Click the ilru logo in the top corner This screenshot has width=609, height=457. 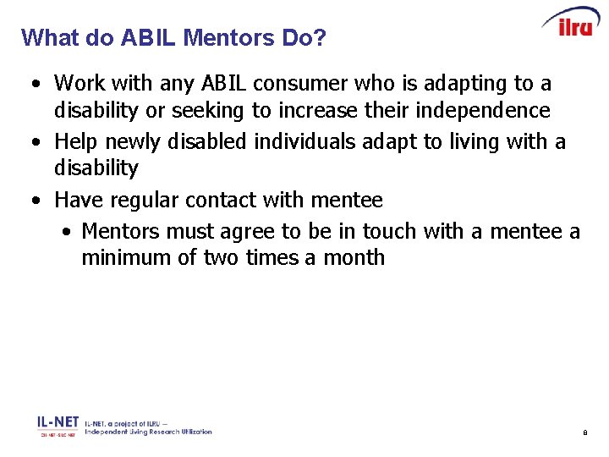[571, 23]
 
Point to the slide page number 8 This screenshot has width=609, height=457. [584, 433]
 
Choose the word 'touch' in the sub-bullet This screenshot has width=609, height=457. [390, 230]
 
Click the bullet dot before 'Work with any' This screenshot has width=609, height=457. [32, 85]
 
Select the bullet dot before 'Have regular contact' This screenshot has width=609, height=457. [32, 201]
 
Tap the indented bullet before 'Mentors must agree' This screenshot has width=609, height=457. [67, 231]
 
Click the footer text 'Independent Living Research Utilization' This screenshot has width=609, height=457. [148, 432]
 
